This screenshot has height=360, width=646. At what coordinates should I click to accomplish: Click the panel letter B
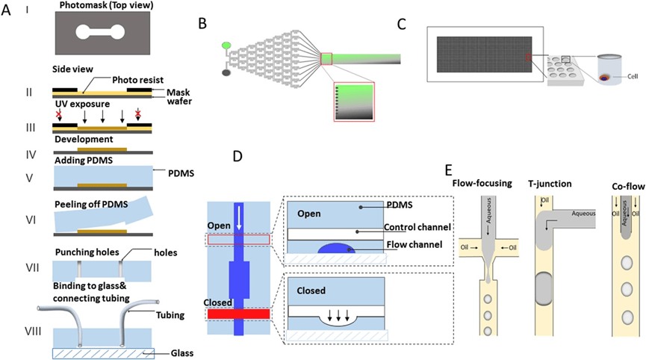pos(202,22)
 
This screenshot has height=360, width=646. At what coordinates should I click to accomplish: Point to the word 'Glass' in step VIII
pos(171,353)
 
